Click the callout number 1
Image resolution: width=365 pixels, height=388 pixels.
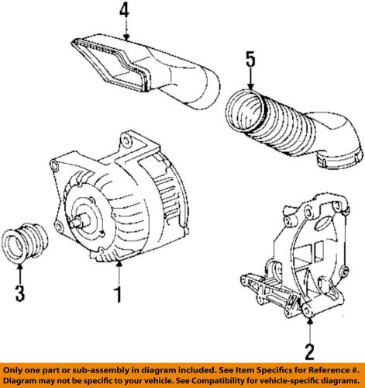pos(118,294)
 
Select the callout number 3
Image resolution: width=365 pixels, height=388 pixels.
pos(22,293)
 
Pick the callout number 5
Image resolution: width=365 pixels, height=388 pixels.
pos(250,57)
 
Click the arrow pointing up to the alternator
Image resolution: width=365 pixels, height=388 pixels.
pos(118,272)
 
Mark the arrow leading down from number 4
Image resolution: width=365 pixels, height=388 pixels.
pos(125,31)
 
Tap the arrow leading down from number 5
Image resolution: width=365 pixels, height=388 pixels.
pos(250,80)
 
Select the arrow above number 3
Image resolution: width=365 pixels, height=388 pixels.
pos(22,273)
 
